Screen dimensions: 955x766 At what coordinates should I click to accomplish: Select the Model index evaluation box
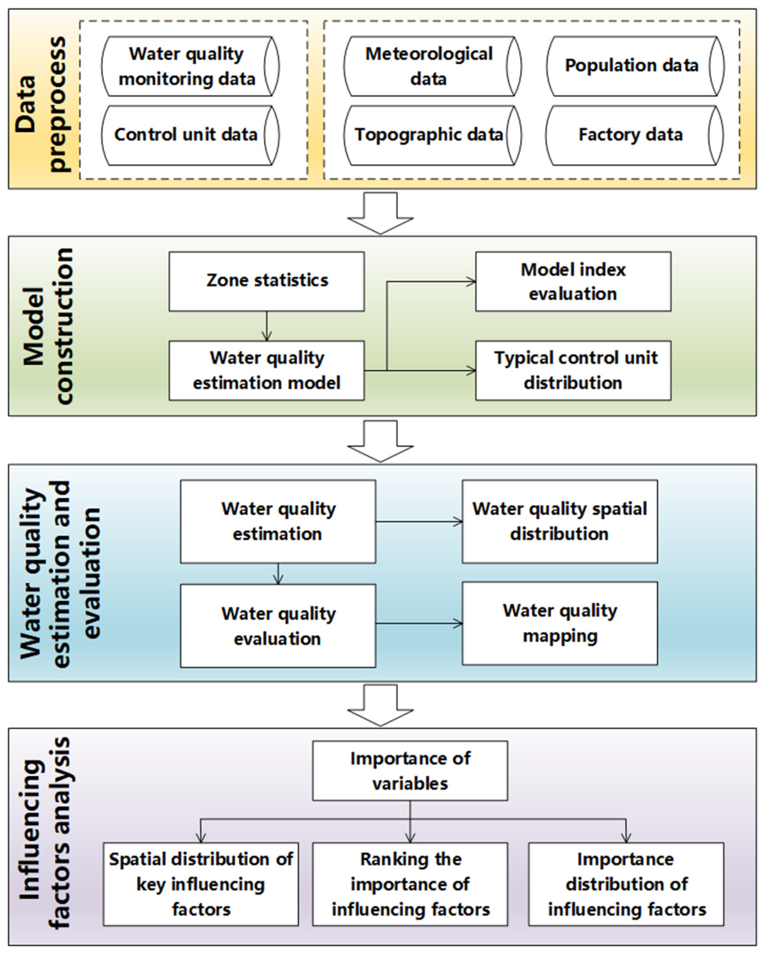(573, 281)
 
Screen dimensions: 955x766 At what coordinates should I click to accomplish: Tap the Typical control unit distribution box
(573, 370)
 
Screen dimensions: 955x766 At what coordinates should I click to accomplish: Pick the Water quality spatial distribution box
(559, 521)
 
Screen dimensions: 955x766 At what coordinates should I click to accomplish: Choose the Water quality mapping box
(559, 623)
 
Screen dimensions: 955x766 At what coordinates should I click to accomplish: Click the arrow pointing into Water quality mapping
(418, 624)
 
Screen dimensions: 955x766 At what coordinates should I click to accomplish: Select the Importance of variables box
(410, 771)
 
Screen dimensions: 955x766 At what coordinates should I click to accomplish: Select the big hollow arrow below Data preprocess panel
(380, 213)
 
